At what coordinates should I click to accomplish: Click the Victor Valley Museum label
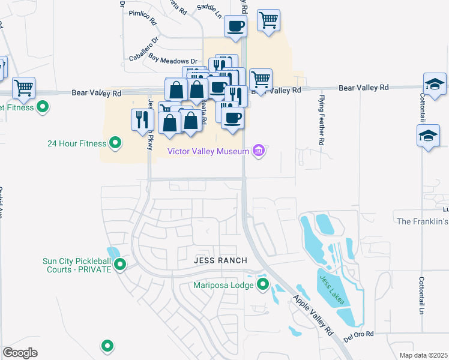[208, 152]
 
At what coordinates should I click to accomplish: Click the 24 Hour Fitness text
[76, 143]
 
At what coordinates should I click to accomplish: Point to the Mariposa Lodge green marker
[262, 284]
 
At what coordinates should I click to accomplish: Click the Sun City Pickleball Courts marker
[120, 264]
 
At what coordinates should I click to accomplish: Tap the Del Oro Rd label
[358, 334]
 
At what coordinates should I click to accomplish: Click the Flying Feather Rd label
[322, 120]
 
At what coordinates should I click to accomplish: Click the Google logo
[20, 353]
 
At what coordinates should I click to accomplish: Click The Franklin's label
[423, 221]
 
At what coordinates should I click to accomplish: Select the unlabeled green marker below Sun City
[107, 345]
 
